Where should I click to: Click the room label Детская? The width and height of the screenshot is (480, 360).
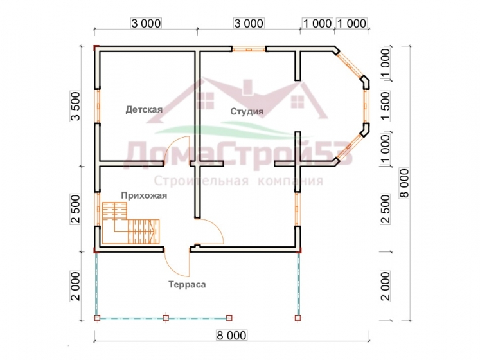click(x=144, y=109)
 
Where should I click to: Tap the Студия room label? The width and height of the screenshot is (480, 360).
click(x=247, y=111)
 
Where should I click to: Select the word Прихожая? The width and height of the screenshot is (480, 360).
click(x=144, y=195)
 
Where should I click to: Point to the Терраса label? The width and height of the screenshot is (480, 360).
click(x=187, y=284)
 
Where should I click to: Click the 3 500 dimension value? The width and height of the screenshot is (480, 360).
click(x=76, y=106)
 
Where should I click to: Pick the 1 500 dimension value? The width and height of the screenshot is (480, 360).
click(x=386, y=106)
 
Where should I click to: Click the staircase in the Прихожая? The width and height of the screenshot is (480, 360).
click(x=130, y=223)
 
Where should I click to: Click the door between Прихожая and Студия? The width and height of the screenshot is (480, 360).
click(x=211, y=231)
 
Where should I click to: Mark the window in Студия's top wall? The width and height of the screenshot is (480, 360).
click(x=249, y=49)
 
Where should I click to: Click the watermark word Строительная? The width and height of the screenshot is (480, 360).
click(x=201, y=181)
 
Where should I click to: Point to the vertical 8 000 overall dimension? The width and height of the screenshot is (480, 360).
click(x=404, y=183)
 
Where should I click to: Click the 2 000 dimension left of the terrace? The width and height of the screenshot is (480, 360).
click(x=76, y=285)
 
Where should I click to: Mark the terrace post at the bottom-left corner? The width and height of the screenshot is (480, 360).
click(x=97, y=318)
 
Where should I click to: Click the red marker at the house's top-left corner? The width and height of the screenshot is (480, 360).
click(x=96, y=48)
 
